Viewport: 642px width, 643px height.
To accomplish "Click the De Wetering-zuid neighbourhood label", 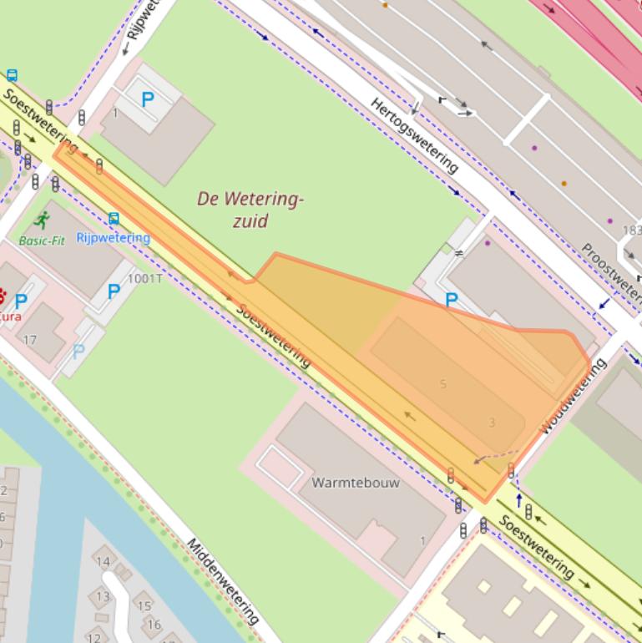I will click(x=250, y=210).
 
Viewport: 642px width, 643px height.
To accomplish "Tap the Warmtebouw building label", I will click(x=356, y=483).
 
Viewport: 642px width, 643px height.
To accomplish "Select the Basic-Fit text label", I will click(x=42, y=240).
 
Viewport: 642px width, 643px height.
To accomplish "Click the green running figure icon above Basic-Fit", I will click(x=42, y=221).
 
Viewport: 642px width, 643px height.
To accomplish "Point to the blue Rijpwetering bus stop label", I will click(x=113, y=237).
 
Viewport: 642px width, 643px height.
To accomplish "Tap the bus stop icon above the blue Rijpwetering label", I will click(x=114, y=219).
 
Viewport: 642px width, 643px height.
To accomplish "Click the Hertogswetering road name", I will click(x=415, y=135).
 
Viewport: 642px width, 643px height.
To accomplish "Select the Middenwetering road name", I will click(x=223, y=581).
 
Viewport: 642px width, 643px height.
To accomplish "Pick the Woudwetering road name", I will click(x=573, y=395).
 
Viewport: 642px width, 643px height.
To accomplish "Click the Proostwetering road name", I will click(x=612, y=273).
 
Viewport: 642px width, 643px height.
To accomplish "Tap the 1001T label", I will click(x=144, y=278).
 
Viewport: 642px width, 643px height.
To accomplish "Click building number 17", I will click(x=30, y=340).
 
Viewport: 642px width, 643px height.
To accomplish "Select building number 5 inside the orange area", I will click(x=443, y=384).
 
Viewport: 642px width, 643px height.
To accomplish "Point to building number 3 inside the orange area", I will click(x=492, y=423).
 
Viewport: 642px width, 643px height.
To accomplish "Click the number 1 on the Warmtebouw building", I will click(x=422, y=541).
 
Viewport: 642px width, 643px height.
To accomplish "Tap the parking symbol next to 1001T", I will click(x=114, y=291).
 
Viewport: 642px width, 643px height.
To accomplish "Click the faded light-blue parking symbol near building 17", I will click(x=78, y=352).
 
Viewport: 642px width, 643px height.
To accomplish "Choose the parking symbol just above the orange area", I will click(x=452, y=300).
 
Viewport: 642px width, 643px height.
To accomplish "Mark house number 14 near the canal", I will click(x=103, y=561).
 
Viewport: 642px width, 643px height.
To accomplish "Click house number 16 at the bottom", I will click(x=154, y=624).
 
